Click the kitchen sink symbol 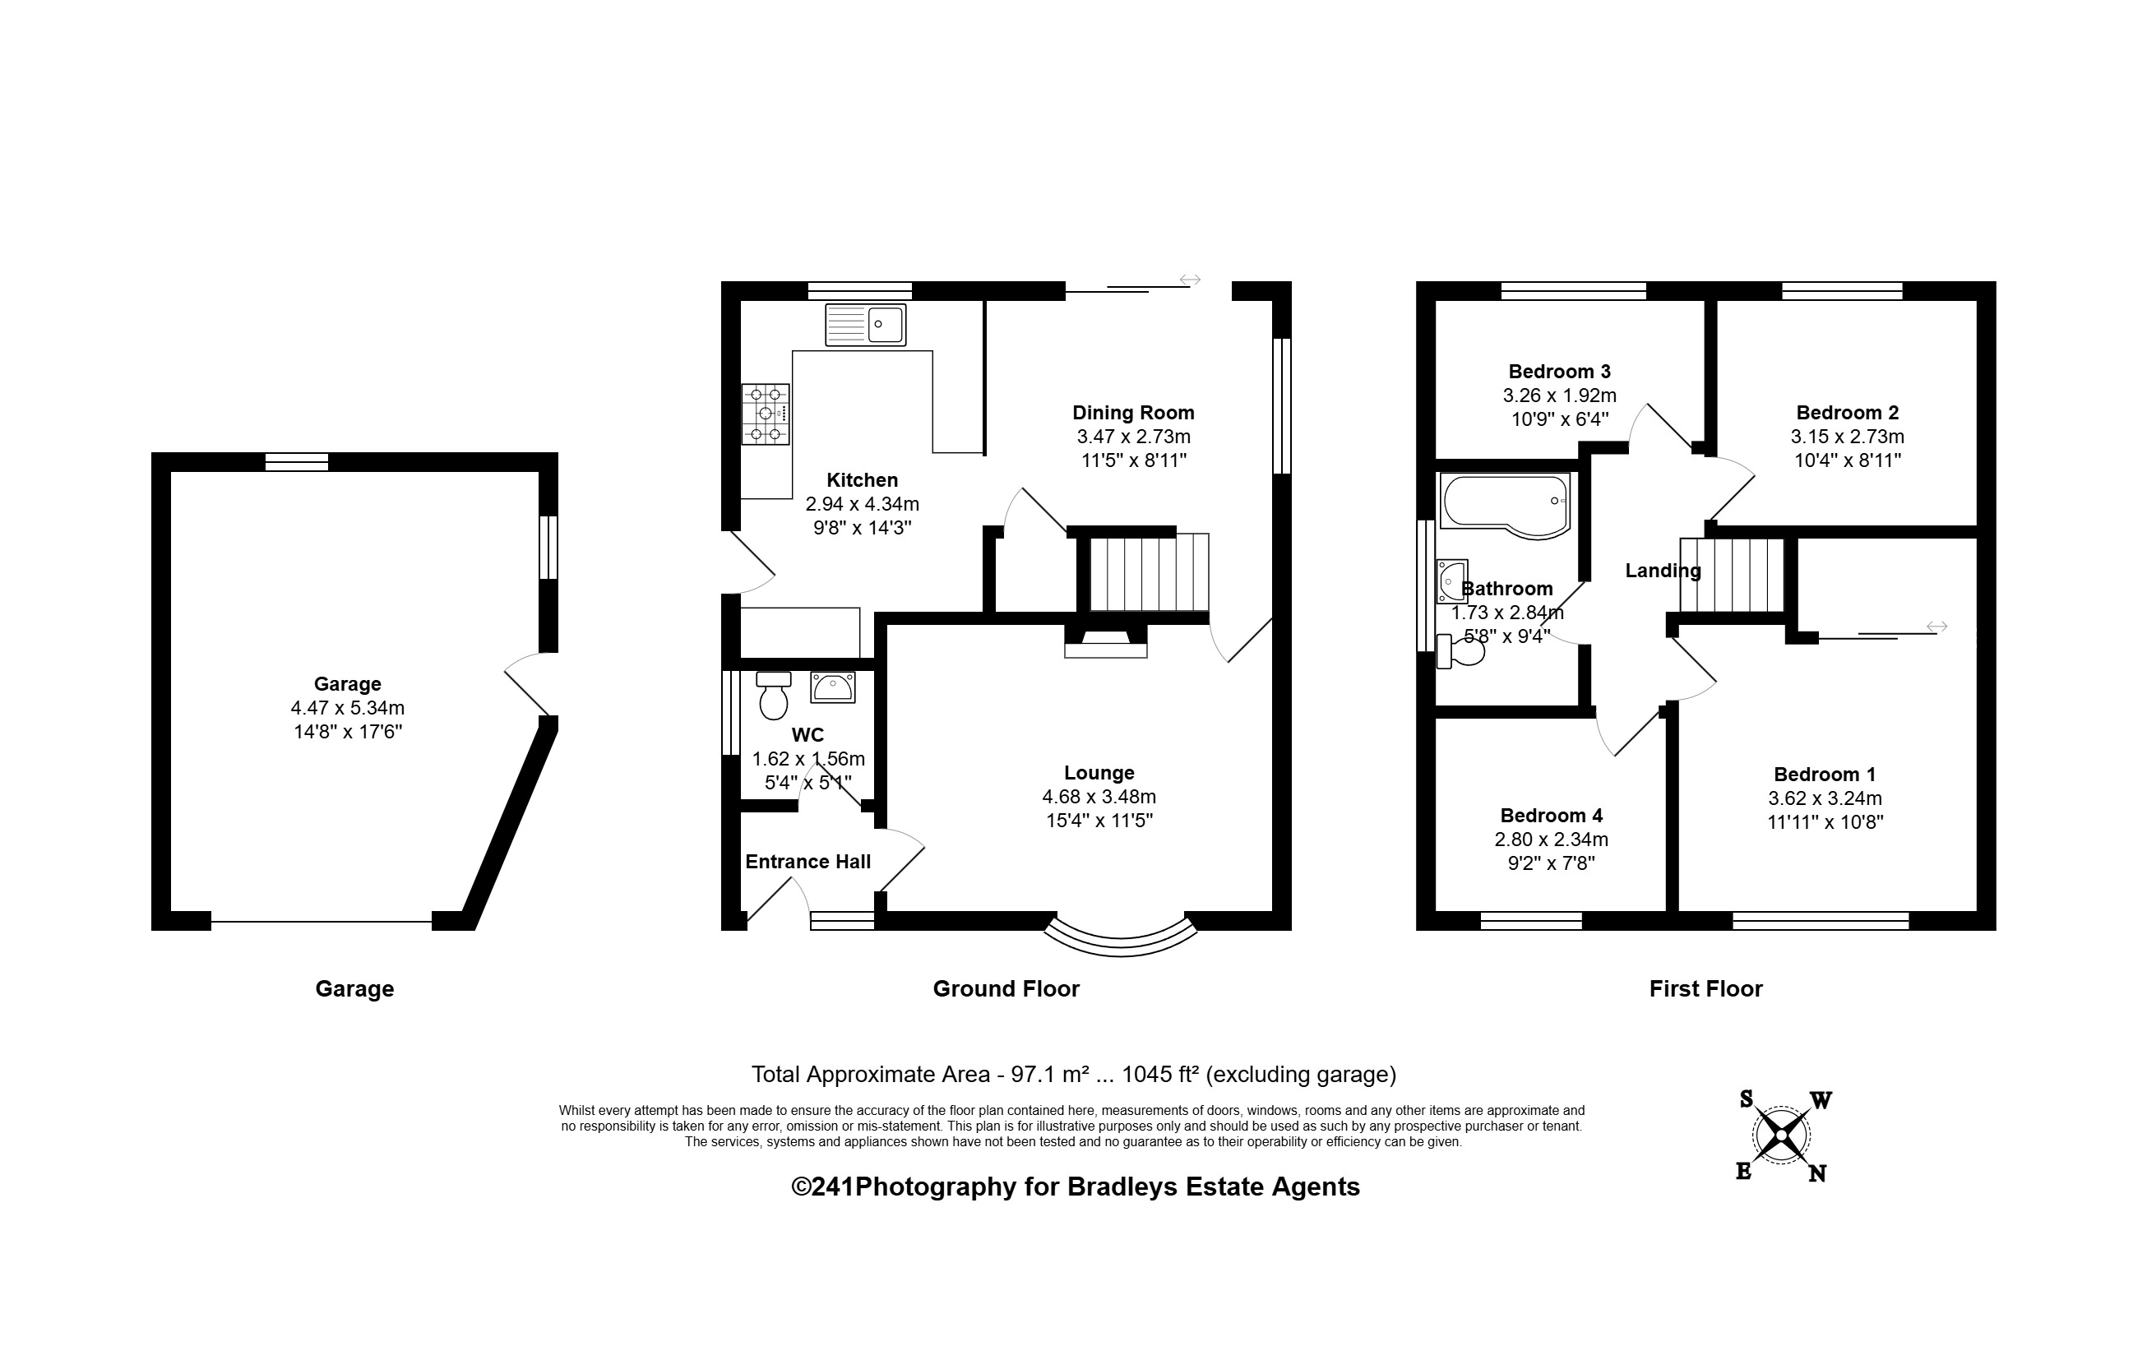(865, 325)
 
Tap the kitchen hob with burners (765, 414)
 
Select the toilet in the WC (773, 695)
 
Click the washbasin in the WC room (833, 687)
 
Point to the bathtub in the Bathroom (1505, 507)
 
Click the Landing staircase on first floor (1732, 576)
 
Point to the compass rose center (1780, 1136)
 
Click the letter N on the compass (1817, 1173)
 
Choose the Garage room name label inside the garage (348, 684)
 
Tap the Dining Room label (1133, 413)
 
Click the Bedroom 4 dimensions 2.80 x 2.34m (1552, 840)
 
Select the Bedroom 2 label (1848, 413)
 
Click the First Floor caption (1705, 989)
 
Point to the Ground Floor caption (1006, 989)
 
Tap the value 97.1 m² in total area (1049, 1075)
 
